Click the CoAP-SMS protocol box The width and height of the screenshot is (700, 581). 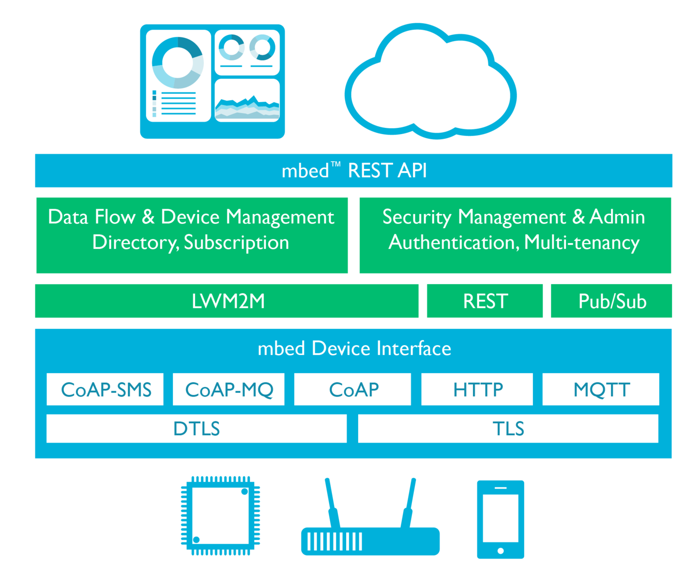click(x=105, y=389)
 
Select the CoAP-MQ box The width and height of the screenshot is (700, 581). click(x=228, y=389)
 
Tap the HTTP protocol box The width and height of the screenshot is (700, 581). click(x=477, y=389)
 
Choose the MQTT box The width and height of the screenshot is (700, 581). click(x=601, y=389)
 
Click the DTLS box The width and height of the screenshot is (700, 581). click(x=197, y=428)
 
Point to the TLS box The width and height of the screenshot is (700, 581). click(x=508, y=428)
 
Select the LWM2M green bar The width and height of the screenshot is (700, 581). click(x=227, y=301)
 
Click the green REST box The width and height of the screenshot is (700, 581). click(x=485, y=301)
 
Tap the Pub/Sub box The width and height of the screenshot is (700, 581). click(x=611, y=301)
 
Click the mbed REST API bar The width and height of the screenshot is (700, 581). click(x=354, y=170)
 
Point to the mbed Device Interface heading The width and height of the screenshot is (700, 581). click(x=354, y=348)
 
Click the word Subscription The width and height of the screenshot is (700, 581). click(x=236, y=243)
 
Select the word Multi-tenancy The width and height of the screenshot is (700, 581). click(x=582, y=243)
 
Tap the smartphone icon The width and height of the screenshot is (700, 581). click(x=501, y=520)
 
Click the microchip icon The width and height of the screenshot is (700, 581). click(x=221, y=516)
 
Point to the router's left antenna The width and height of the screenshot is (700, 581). click(x=333, y=503)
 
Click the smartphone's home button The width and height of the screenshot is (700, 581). click(x=501, y=550)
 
